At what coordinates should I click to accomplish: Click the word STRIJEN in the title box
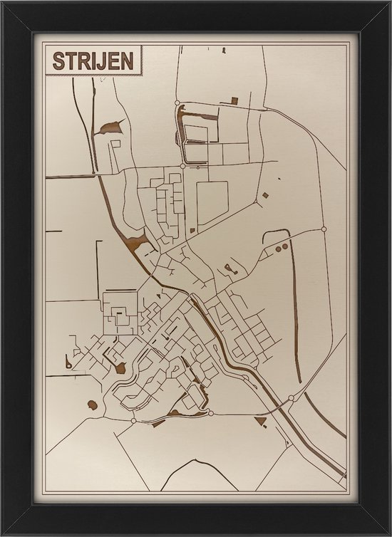click(93, 61)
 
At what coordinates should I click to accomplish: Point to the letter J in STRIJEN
click(102, 61)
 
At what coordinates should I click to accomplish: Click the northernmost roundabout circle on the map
click(177, 103)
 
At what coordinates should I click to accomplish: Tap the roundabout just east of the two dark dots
click(324, 229)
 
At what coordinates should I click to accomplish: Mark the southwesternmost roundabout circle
click(133, 421)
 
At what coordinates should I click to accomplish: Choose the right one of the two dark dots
click(285, 247)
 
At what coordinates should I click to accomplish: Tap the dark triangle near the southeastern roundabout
click(262, 422)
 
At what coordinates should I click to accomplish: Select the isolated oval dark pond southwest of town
click(93, 405)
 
